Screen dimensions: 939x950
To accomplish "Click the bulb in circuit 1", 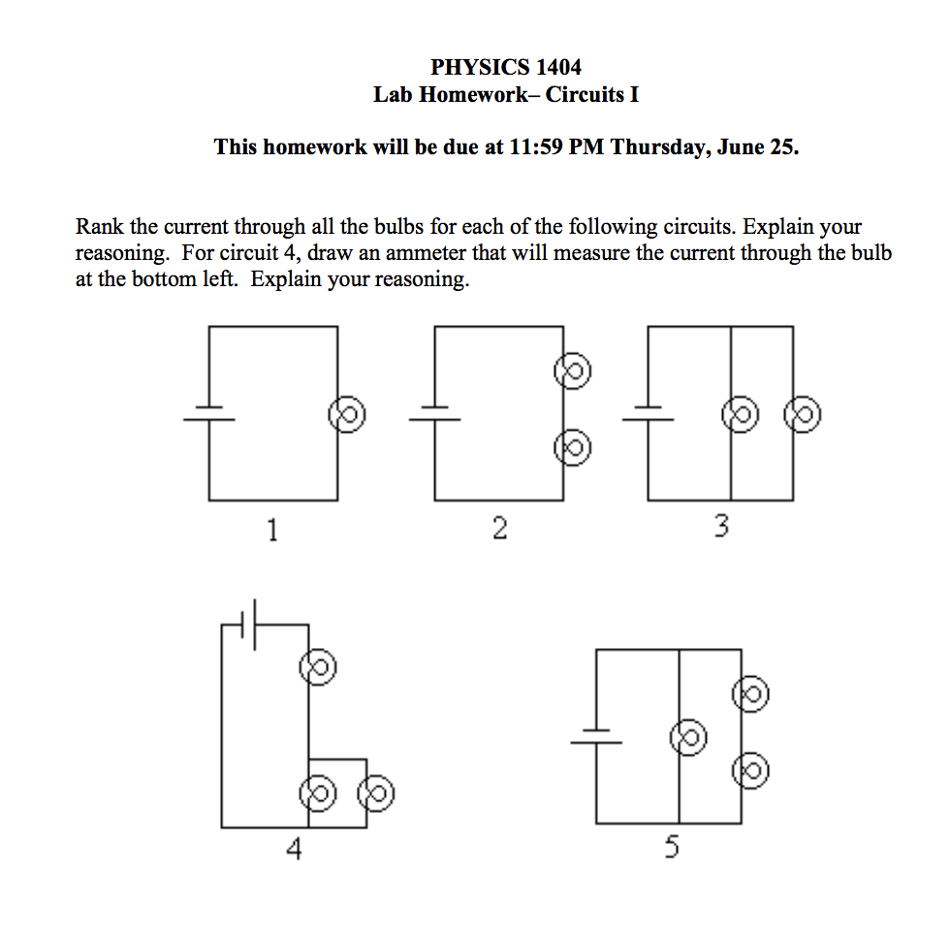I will click(x=347, y=414).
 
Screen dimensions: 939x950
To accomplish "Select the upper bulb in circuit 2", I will click(x=572, y=372).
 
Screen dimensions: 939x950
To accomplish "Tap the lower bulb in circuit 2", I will click(x=572, y=447).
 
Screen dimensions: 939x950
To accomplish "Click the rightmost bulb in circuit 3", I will click(x=803, y=414).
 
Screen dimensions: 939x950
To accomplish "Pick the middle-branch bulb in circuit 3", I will click(x=740, y=414).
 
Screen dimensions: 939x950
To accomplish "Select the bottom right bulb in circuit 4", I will click(x=376, y=793).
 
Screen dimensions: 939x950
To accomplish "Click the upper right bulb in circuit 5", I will click(x=751, y=694).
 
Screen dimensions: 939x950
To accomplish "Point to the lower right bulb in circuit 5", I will click(x=751, y=771).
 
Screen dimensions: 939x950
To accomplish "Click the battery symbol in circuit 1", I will click(x=209, y=413).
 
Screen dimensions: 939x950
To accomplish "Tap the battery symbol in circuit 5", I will click(x=596, y=737).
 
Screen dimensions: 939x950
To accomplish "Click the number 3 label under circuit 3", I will click(x=720, y=528).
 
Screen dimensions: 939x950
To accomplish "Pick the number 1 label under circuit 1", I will click(x=272, y=530).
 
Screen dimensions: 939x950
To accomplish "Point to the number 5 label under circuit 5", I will click(x=672, y=849).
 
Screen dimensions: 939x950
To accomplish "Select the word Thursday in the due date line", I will click(x=661, y=147).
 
